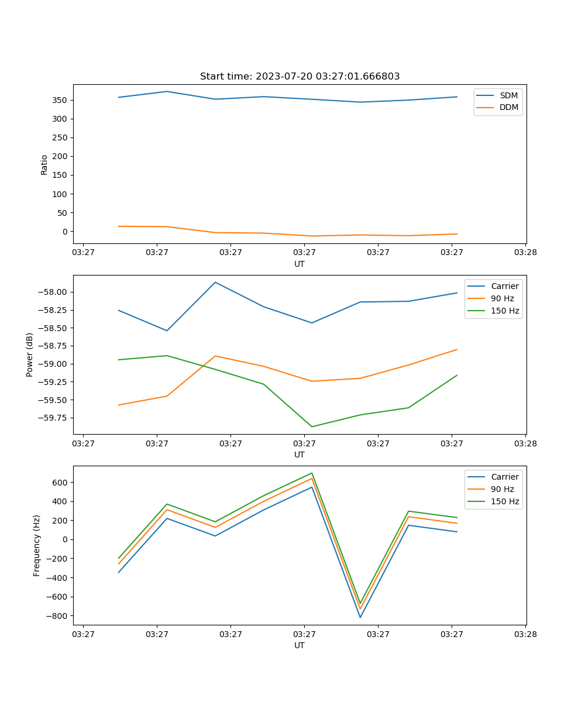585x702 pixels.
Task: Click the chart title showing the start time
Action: pos(300,77)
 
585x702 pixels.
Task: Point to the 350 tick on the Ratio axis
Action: pos(61,100)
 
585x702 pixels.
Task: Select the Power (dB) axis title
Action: pos(30,355)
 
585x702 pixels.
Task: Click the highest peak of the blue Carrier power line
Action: pos(215,282)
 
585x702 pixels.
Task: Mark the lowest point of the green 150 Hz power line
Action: pos(312,426)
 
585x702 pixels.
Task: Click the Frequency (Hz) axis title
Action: pos(37,545)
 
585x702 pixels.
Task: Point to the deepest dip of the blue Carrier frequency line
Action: pos(360,617)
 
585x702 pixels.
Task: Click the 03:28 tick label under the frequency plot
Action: pos(525,634)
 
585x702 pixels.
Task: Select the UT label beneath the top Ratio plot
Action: pos(300,264)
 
